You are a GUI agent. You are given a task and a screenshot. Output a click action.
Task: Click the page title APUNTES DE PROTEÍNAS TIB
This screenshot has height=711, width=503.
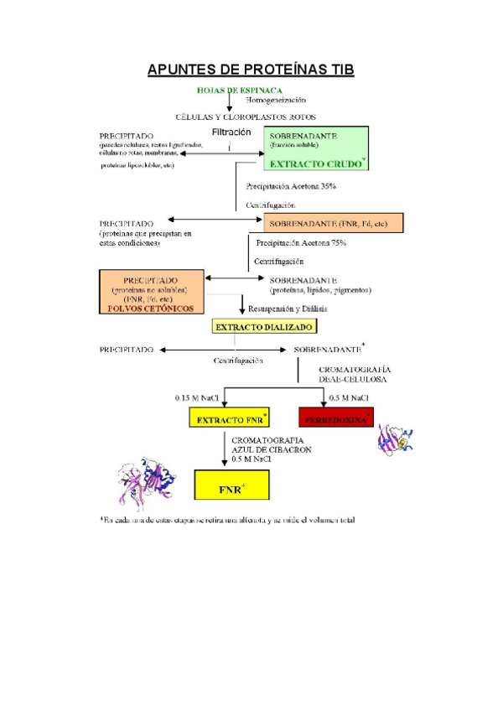251,69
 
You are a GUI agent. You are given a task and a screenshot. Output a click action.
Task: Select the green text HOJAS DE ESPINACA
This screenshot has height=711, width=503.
239,90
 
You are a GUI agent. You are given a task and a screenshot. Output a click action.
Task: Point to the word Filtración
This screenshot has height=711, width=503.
231,132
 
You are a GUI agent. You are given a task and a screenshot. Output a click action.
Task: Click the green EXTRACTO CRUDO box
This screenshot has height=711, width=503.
316,149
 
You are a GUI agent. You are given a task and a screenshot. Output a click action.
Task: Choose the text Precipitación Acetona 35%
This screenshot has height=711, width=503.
291,186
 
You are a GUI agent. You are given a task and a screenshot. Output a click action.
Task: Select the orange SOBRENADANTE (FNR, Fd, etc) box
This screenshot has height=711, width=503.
333,223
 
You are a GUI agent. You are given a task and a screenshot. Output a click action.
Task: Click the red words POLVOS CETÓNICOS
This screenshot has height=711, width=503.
151,308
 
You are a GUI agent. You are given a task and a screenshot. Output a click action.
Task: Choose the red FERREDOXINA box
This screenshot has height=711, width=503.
335,418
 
